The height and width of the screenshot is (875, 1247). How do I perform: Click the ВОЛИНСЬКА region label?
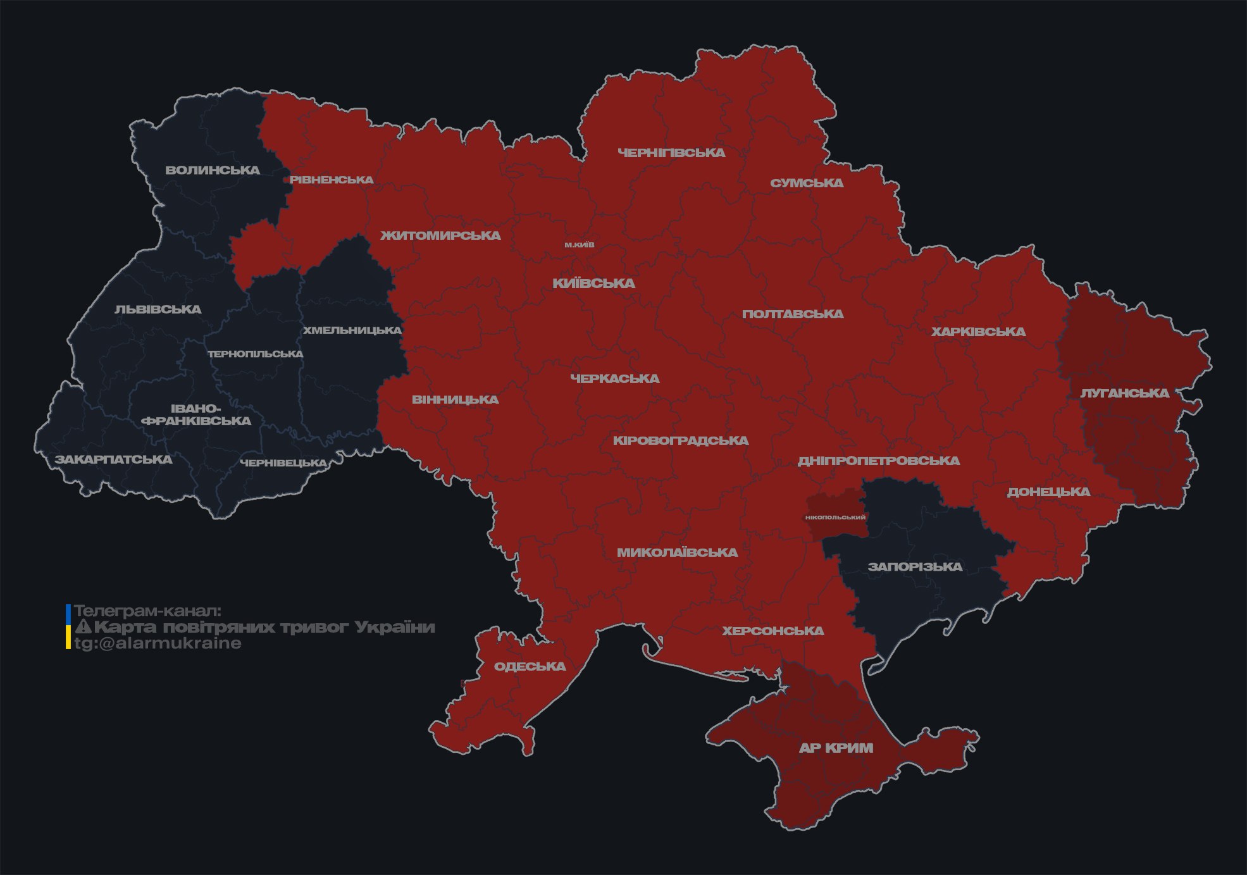click(x=213, y=170)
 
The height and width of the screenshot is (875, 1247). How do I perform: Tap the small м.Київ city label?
click(x=580, y=245)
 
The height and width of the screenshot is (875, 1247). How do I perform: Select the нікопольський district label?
click(x=835, y=517)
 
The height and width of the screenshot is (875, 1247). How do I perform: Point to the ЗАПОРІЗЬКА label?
click(x=915, y=567)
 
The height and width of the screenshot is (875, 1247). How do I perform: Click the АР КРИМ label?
click(x=836, y=748)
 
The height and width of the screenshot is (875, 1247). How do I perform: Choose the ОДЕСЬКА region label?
click(x=530, y=666)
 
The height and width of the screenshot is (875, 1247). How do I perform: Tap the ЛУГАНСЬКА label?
click(x=1124, y=394)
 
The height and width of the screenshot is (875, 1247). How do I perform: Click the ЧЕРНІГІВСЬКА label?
click(x=671, y=152)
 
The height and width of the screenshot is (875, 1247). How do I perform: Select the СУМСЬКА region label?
click(x=807, y=183)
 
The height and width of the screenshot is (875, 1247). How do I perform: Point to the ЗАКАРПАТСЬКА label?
click(x=114, y=459)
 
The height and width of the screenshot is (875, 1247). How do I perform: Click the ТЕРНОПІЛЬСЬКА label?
click(x=256, y=354)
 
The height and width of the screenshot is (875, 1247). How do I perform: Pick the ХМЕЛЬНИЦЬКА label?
click(x=352, y=330)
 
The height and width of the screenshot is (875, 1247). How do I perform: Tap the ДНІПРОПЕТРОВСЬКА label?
click(x=878, y=461)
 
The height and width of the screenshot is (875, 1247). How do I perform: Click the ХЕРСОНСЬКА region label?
click(x=773, y=631)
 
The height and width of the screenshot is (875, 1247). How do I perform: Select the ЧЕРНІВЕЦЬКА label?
click(x=283, y=463)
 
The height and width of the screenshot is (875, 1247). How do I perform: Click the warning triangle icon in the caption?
click(x=83, y=627)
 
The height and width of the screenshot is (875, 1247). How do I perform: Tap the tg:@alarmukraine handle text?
click(x=158, y=643)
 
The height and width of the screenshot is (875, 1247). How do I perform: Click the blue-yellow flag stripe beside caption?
click(x=68, y=627)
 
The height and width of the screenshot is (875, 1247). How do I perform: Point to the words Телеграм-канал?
click(x=147, y=611)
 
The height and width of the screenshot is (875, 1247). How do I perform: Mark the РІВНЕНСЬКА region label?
click(x=332, y=180)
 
